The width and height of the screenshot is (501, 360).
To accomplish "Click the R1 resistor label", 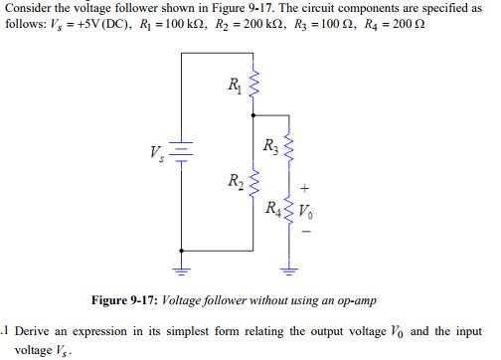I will pyautogui.click(x=234, y=83).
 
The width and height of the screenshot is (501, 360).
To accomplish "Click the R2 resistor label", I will pyautogui.click(x=234, y=183).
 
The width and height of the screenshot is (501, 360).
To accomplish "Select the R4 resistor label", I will pyautogui.click(x=270, y=210).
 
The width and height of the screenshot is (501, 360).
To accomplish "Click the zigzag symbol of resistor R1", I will pyautogui.click(x=251, y=85).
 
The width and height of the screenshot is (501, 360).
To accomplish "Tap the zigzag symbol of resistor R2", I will pyautogui.click(x=251, y=183).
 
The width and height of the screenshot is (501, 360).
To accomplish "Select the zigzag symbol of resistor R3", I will pyautogui.click(x=289, y=149).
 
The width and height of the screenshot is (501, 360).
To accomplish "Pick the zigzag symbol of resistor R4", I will pyautogui.click(x=289, y=210).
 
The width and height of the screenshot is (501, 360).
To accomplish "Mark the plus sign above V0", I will pyautogui.click(x=305, y=187).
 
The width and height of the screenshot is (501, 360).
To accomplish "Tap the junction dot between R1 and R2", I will pyautogui.click(x=251, y=117).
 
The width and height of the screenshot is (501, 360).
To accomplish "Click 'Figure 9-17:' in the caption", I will pyautogui.click(x=126, y=299).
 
